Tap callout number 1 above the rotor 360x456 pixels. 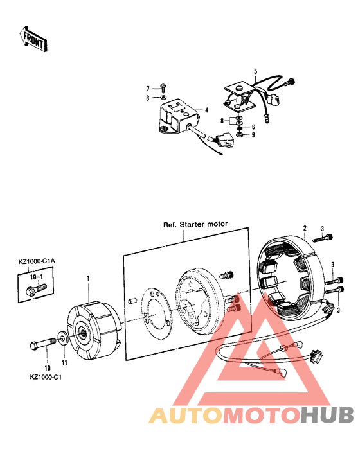(x=88, y=279)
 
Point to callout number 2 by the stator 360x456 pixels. (x=305, y=227)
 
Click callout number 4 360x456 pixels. (x=206, y=110)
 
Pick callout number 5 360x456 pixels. (x=255, y=71)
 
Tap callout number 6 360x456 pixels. (x=253, y=127)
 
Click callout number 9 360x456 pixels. (x=253, y=135)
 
